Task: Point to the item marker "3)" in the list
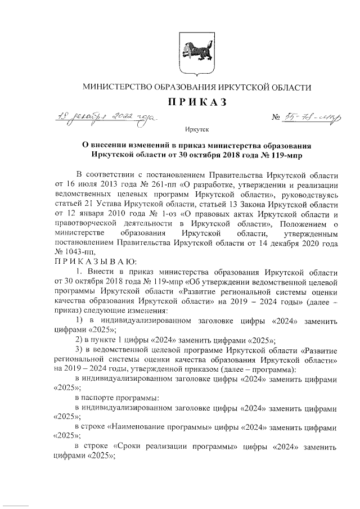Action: [x=79, y=351]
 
